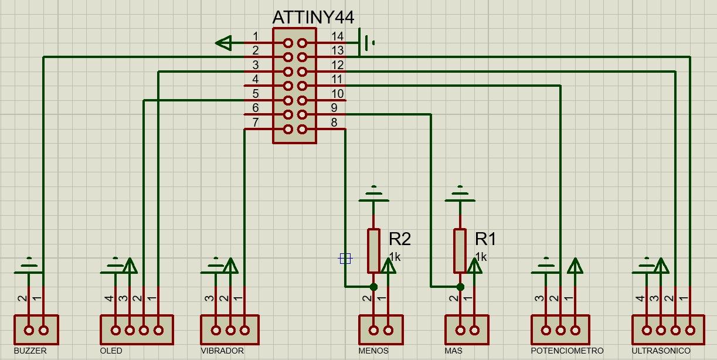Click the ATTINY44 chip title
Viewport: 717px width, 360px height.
coord(313,17)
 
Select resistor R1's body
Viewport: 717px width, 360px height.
coord(460,250)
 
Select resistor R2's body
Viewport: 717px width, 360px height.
coord(374,250)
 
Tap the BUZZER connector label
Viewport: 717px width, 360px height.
coord(30,351)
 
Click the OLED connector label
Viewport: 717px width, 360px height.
coord(111,351)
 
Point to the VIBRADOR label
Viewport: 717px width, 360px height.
coord(222,351)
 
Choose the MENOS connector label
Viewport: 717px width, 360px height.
coord(373,351)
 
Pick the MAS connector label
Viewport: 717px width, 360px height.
coord(453,351)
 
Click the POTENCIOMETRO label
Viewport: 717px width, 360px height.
coord(567,351)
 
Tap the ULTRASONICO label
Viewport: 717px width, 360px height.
coord(661,351)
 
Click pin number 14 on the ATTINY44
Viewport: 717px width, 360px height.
coord(337,37)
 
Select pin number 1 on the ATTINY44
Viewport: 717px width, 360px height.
coord(256,37)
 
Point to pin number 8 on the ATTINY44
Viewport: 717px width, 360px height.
coord(334,123)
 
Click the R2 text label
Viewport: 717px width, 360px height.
coord(400,239)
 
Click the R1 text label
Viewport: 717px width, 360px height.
coord(485,239)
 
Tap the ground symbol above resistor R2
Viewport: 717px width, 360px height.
coord(373,193)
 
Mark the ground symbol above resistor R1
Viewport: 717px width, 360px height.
coord(460,193)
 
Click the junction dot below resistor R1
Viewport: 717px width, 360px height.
coord(460,287)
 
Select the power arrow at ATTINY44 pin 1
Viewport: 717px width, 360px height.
coord(223,43)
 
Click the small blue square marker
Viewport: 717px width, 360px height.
coord(345,258)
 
